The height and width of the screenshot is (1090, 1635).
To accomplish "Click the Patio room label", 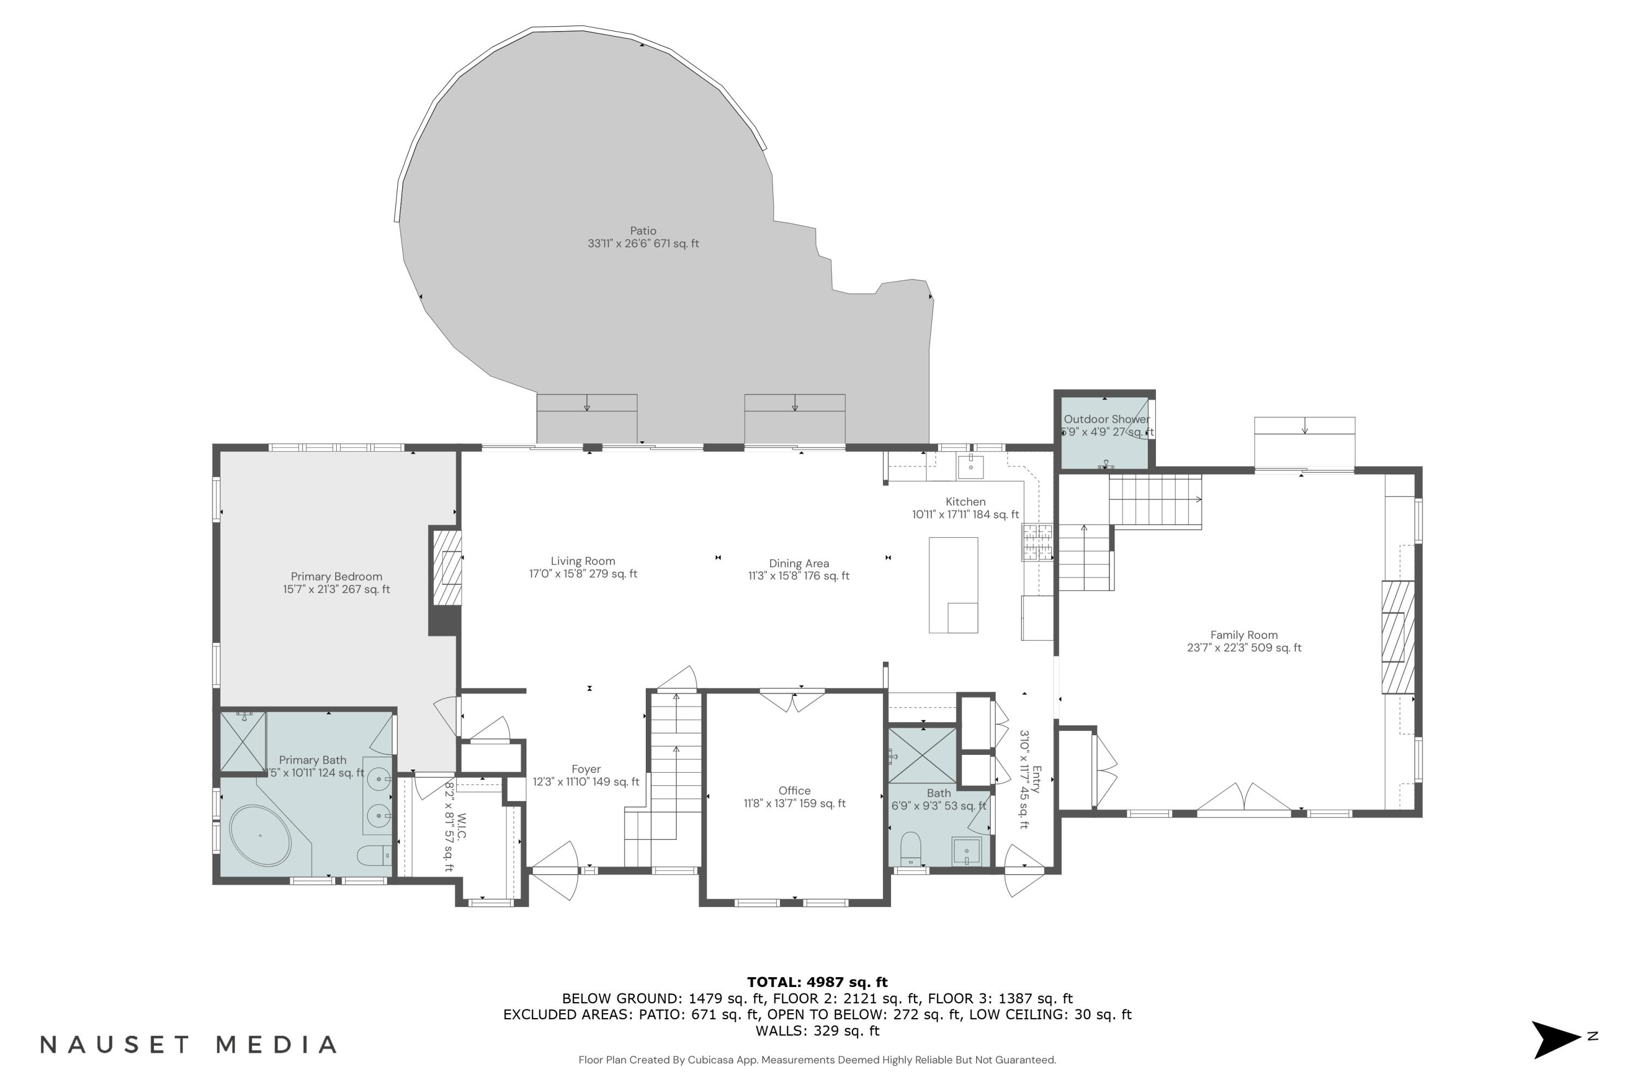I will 643,231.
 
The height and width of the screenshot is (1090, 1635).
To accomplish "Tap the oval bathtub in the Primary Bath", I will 260,835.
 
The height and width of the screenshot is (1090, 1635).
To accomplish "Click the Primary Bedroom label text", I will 336,577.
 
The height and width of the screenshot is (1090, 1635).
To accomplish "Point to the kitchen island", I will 953,585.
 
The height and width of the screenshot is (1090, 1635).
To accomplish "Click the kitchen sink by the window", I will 971,467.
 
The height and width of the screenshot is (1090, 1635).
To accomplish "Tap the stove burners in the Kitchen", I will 1037,542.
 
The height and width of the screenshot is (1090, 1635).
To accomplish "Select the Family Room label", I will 1244,635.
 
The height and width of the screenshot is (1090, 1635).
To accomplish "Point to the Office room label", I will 795,791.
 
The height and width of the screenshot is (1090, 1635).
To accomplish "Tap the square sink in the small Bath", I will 966,851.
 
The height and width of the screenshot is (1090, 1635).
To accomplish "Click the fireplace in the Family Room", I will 1397,637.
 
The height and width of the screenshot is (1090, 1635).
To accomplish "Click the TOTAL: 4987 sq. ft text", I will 817,982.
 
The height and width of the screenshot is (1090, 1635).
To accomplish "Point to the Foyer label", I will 586,770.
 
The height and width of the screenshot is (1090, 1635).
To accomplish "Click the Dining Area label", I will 799,564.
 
